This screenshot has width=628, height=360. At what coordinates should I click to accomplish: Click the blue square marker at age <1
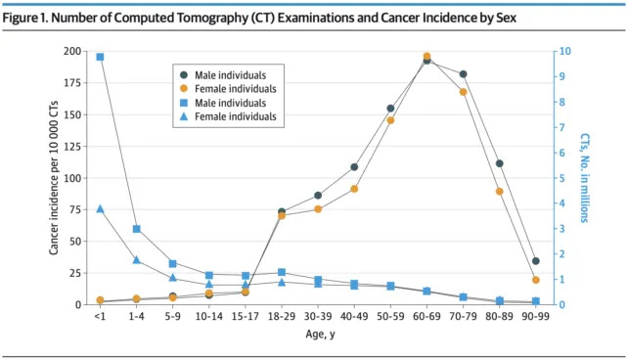pos(100,57)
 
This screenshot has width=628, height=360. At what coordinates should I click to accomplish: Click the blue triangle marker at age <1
pos(100,209)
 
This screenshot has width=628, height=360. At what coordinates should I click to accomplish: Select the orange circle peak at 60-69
pos(426,57)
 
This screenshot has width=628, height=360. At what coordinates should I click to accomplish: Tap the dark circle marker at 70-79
pos(463,74)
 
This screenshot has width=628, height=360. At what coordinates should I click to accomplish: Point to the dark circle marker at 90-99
pos(535,261)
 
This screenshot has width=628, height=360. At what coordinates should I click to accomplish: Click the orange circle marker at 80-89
pos(499,191)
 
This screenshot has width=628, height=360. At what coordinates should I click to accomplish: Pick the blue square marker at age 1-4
pos(136,229)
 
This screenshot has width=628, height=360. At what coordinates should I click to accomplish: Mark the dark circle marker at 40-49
pos(354,167)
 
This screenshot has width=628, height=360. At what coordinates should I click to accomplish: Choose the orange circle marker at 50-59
pos(390,120)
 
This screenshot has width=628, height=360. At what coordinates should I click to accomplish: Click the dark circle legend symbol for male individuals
pos(183,74)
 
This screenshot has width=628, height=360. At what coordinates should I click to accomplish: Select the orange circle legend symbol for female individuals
pos(183,88)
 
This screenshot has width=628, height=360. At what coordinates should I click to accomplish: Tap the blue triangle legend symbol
pos(183,116)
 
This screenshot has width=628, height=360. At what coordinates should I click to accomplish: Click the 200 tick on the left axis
pos(72,52)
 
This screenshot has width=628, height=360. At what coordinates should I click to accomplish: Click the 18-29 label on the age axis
pos(282,316)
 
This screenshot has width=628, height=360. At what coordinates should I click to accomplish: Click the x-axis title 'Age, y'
pos(318,333)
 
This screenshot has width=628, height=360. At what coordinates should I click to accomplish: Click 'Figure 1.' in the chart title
pos(34,17)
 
